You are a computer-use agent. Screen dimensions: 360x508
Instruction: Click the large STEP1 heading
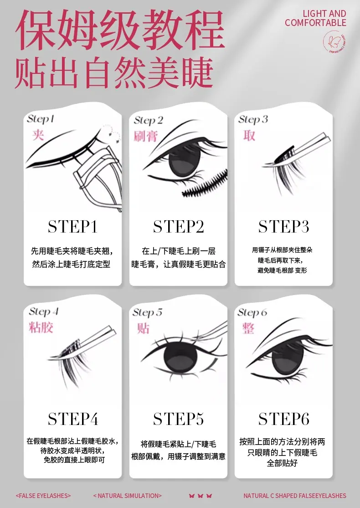pyautogui.click(x=72, y=227)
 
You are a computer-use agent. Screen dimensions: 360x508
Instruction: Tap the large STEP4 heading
pyautogui.click(x=73, y=419)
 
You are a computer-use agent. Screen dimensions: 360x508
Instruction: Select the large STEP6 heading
pyautogui.click(x=283, y=419)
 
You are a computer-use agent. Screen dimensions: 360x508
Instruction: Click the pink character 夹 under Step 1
pyautogui.click(x=38, y=134)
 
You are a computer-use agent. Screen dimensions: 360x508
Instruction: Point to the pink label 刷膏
pyautogui.click(x=146, y=136)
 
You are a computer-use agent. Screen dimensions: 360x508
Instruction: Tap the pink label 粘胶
pyautogui.click(x=41, y=327)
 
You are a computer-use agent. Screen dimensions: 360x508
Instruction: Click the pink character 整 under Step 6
pyautogui.click(x=248, y=328)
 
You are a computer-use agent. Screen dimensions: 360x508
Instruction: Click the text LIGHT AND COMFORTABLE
pyautogui.click(x=316, y=18)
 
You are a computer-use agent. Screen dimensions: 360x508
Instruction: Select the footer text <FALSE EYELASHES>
pyautogui.click(x=43, y=496)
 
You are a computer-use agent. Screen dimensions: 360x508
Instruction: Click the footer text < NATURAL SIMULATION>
pyautogui.click(x=127, y=496)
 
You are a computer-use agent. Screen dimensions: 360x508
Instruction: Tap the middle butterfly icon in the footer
pyautogui.click(x=201, y=496)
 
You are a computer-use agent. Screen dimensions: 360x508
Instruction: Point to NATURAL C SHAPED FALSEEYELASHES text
pyautogui.click(x=295, y=496)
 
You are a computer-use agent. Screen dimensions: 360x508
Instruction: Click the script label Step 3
pyautogui.click(x=253, y=119)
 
